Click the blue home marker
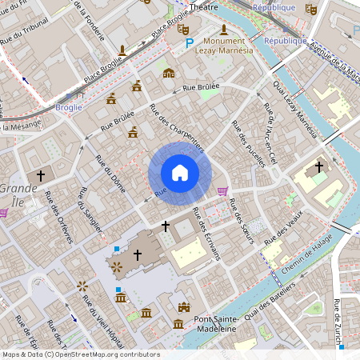179,173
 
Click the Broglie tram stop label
70,106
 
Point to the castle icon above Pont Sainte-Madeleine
185,307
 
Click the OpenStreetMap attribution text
81,354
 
